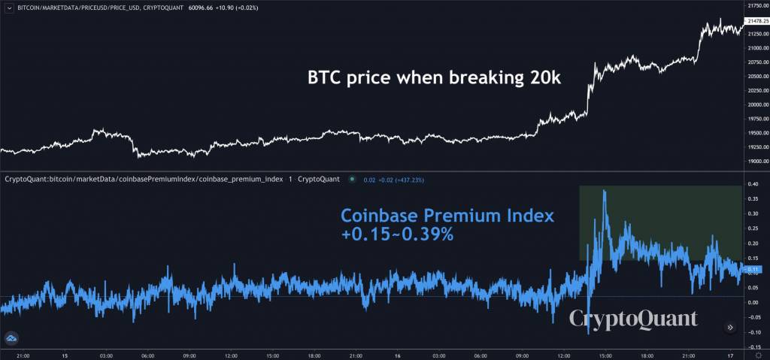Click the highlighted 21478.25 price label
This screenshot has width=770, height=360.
pos(756,21)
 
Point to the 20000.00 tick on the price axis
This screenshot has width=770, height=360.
pos(755,105)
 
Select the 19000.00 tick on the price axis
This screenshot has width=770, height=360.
pos(755,162)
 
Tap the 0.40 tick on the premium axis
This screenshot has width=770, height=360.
pos(753,185)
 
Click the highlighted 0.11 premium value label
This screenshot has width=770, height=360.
pos(753,269)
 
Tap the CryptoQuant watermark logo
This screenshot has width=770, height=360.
pos(632,319)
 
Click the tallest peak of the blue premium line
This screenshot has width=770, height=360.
pos(605,192)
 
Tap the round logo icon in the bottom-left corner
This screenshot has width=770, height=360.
pos(11,340)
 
